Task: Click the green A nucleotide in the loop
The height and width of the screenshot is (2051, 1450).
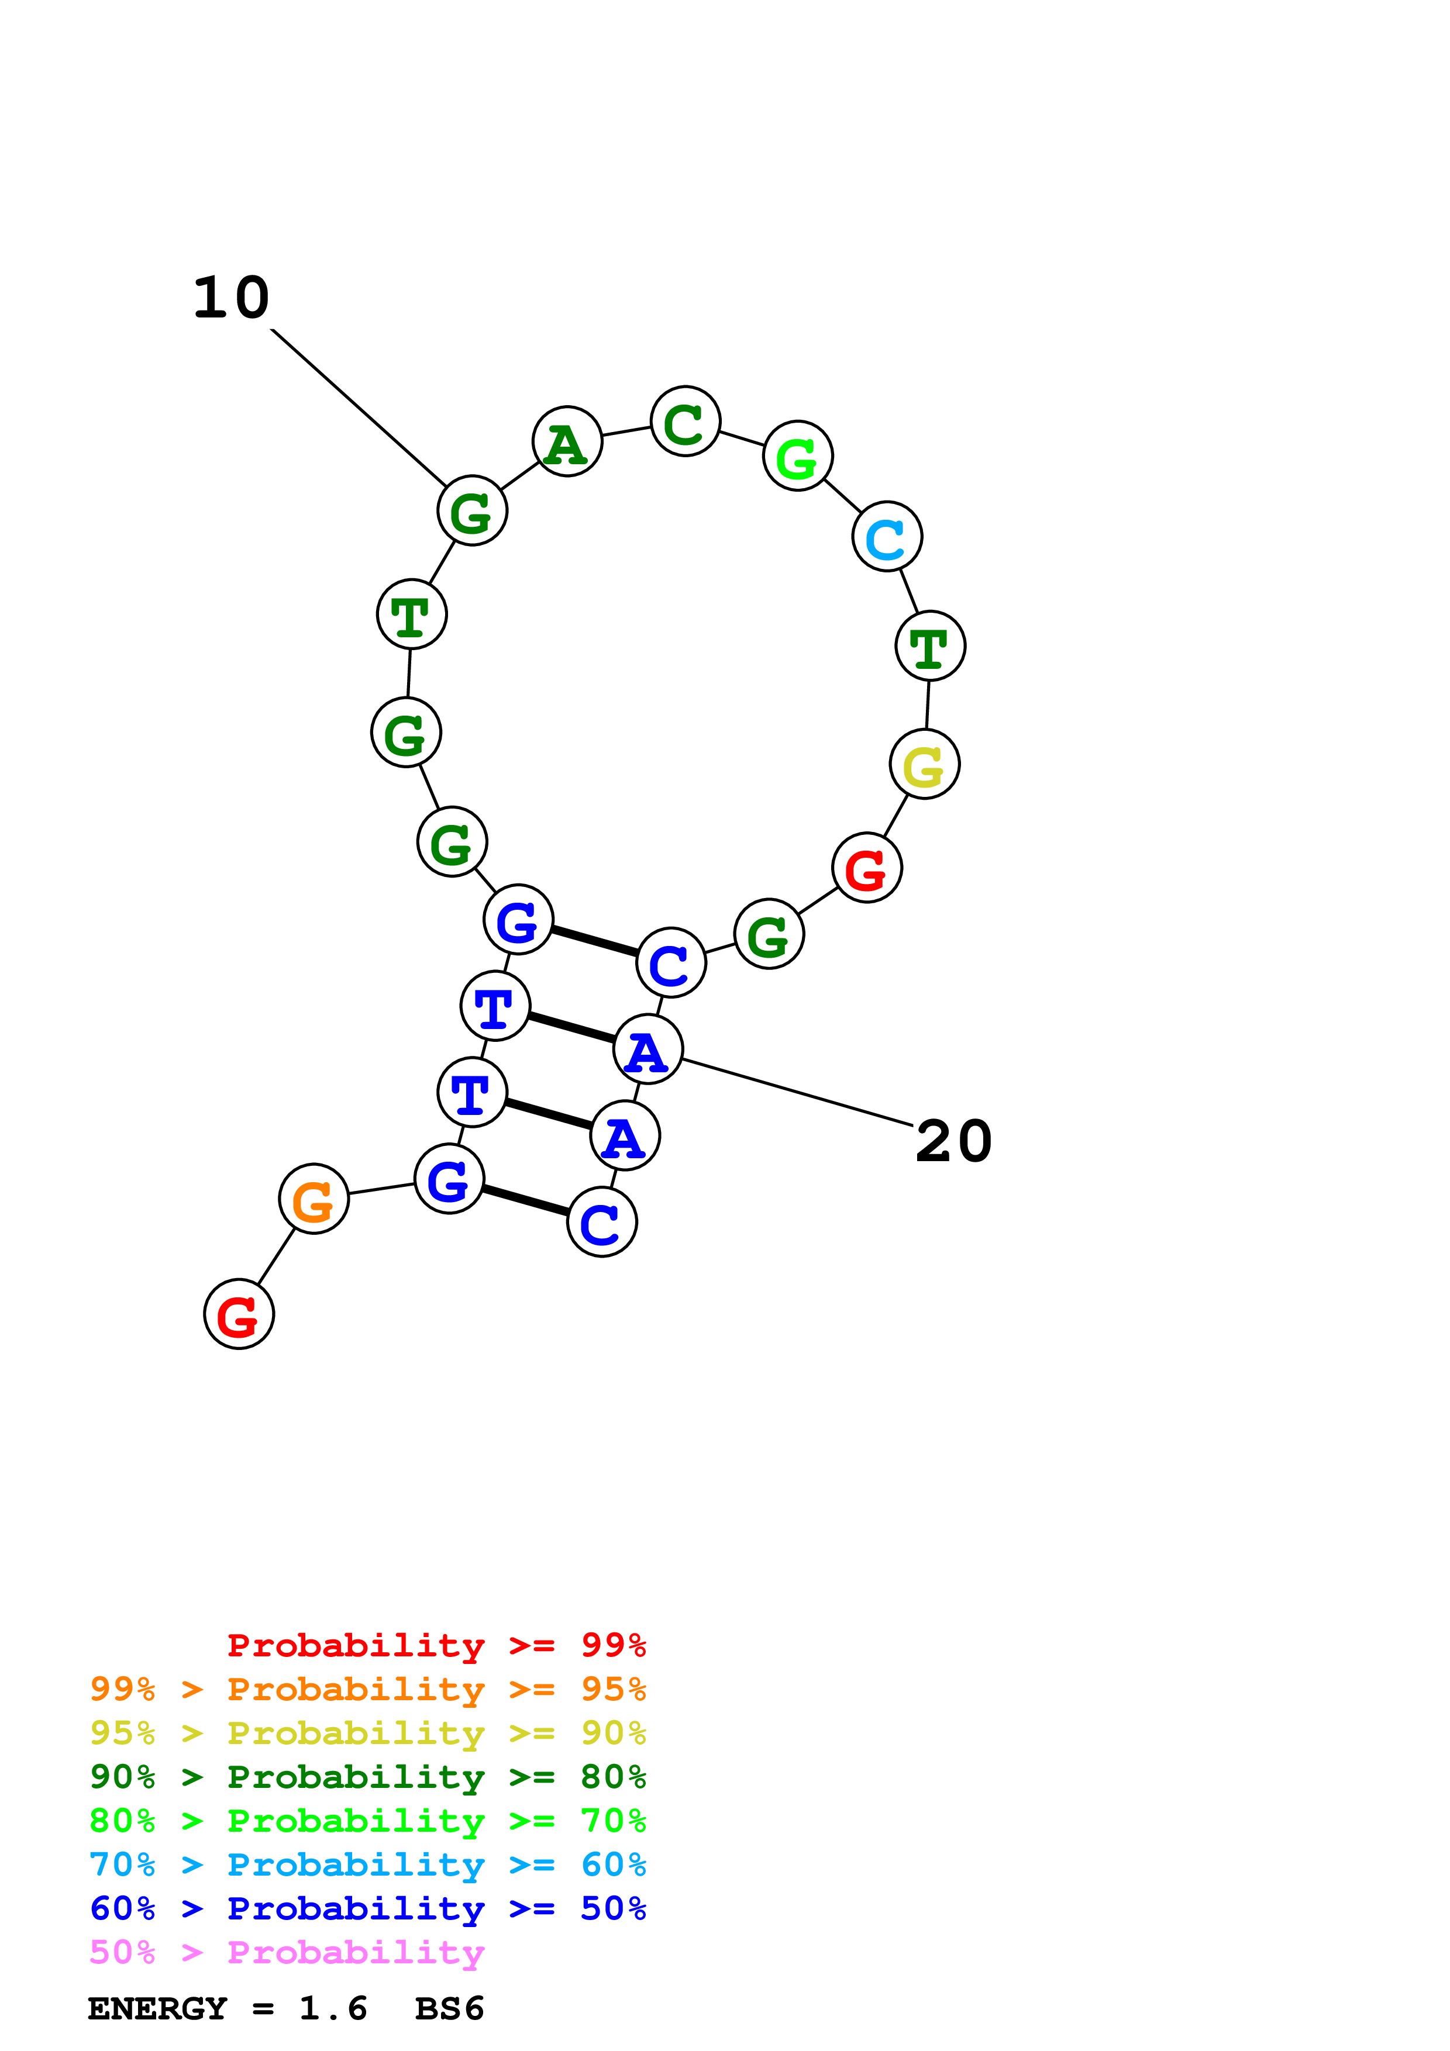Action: pyautogui.click(x=567, y=441)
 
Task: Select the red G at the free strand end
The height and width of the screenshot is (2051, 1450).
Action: pyautogui.click(x=239, y=1314)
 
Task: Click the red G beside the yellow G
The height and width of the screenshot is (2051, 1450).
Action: pyautogui.click(x=867, y=868)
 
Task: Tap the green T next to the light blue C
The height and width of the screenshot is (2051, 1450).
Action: pyautogui.click(x=930, y=646)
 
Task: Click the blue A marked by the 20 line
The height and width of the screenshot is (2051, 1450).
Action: pyautogui.click(x=647, y=1049)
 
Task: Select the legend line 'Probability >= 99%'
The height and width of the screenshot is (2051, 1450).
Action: pyautogui.click(x=436, y=1645)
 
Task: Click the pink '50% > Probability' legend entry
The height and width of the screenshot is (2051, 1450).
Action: pyautogui.click(x=287, y=1952)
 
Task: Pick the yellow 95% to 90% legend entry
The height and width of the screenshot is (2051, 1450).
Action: pyautogui.click(x=367, y=1732)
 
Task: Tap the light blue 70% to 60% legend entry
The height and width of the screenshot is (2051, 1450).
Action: pyautogui.click(x=367, y=1864)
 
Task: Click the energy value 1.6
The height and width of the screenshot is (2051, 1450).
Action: pyautogui.click(x=332, y=2008)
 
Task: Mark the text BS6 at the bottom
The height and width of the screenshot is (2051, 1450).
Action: pyautogui.click(x=449, y=2008)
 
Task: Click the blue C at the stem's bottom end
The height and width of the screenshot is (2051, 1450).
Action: pyautogui.click(x=602, y=1222)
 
